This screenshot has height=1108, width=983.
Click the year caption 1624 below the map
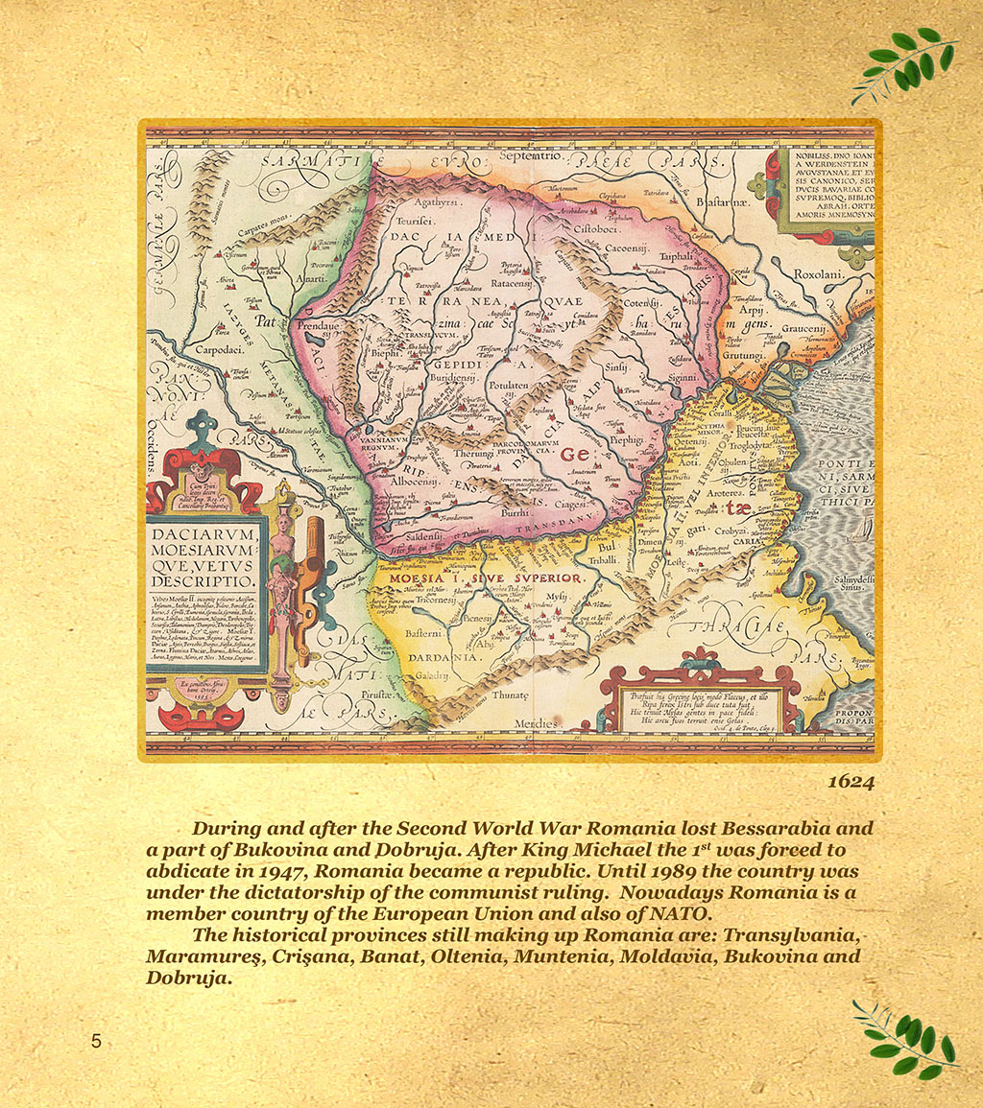click(x=851, y=782)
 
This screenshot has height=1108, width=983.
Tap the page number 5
click(x=96, y=1041)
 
